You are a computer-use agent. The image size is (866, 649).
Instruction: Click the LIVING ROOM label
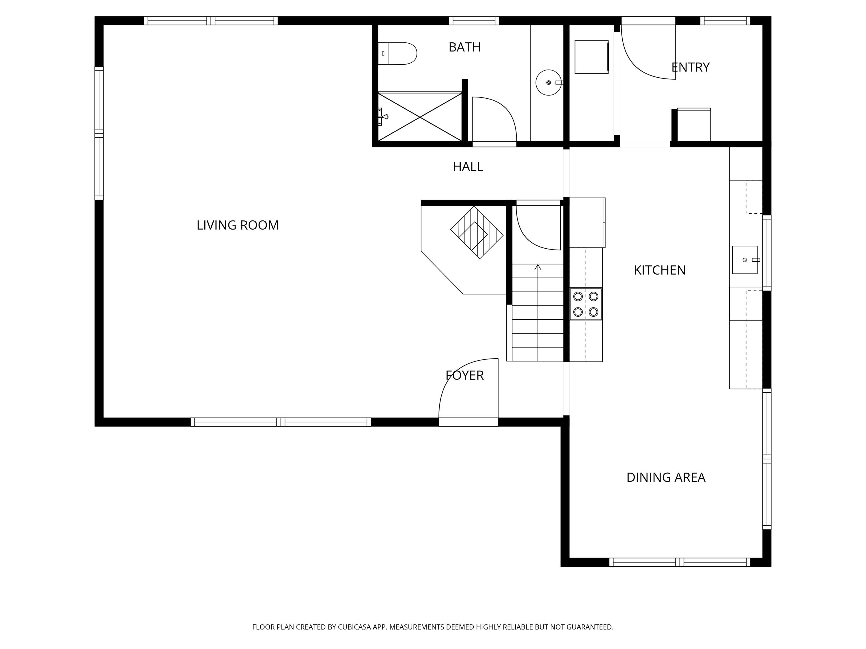coord(237,225)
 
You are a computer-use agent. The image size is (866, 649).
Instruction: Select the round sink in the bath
coord(548,82)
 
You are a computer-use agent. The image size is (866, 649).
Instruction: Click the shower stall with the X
coord(420,117)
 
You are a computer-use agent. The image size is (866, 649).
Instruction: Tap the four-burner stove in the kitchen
coord(586,304)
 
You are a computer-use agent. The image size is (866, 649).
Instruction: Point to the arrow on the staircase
coord(538,268)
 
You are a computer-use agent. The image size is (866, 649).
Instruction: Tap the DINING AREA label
coord(666,478)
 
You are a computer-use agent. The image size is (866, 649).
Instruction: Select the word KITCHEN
coord(660,270)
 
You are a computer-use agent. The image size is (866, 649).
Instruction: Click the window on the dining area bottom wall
coord(680,562)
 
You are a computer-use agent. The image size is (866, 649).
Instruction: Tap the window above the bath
coord(474,21)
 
